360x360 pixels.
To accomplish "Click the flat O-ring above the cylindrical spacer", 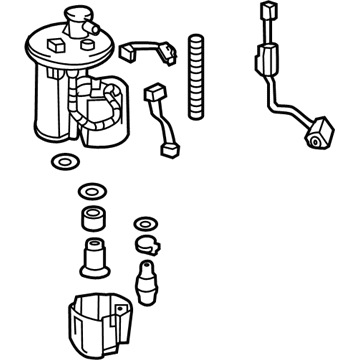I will coord(91,189).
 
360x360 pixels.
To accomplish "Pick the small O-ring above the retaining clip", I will coord(145,222).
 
